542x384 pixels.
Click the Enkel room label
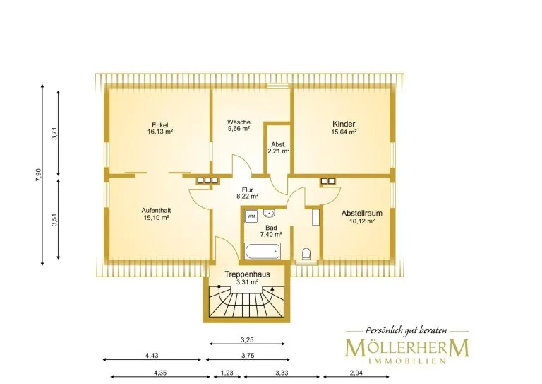click(x=160, y=125)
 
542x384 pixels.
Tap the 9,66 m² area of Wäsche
click(x=239, y=129)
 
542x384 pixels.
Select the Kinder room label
click(x=344, y=124)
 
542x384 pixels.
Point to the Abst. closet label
click(x=278, y=144)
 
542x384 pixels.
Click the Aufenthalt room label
click(x=156, y=211)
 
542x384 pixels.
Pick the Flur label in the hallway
click(x=248, y=190)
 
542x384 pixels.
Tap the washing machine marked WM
click(x=251, y=216)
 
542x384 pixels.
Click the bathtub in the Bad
click(x=263, y=250)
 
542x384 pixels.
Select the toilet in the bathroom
click(x=306, y=254)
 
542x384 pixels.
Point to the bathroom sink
click(x=269, y=214)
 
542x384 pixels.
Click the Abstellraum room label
click(x=362, y=214)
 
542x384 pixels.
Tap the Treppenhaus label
click(x=247, y=274)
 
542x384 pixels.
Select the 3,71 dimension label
click(x=54, y=134)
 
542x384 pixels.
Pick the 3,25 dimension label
click(x=247, y=340)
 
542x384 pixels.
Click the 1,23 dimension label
click(x=227, y=373)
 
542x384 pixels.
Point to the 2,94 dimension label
click(x=356, y=373)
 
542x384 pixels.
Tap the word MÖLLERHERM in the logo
click(x=407, y=348)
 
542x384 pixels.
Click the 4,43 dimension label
click(x=152, y=356)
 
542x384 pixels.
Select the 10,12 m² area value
click(x=362, y=221)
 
